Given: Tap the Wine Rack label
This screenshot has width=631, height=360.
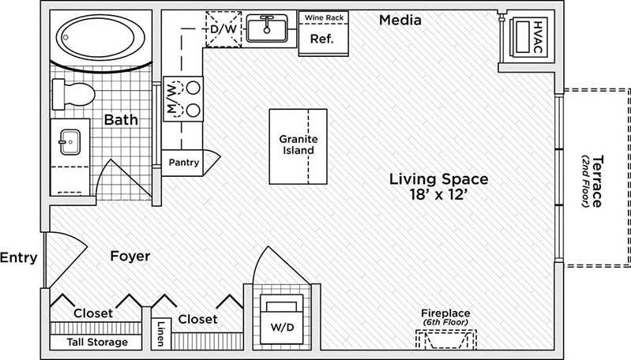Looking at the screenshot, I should (321, 17).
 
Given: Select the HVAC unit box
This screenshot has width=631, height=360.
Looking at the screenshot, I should (528, 36).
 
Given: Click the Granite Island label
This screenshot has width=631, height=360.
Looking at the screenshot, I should (298, 144).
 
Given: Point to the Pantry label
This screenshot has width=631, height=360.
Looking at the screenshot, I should (184, 163).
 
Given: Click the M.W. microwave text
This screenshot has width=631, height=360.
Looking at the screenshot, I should (171, 98).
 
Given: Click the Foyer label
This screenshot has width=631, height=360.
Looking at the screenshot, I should (130, 256).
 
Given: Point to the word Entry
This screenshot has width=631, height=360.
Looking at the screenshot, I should (18, 257).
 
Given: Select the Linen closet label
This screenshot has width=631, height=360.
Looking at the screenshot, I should (161, 332).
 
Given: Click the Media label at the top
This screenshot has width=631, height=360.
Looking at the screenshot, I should (400, 19).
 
